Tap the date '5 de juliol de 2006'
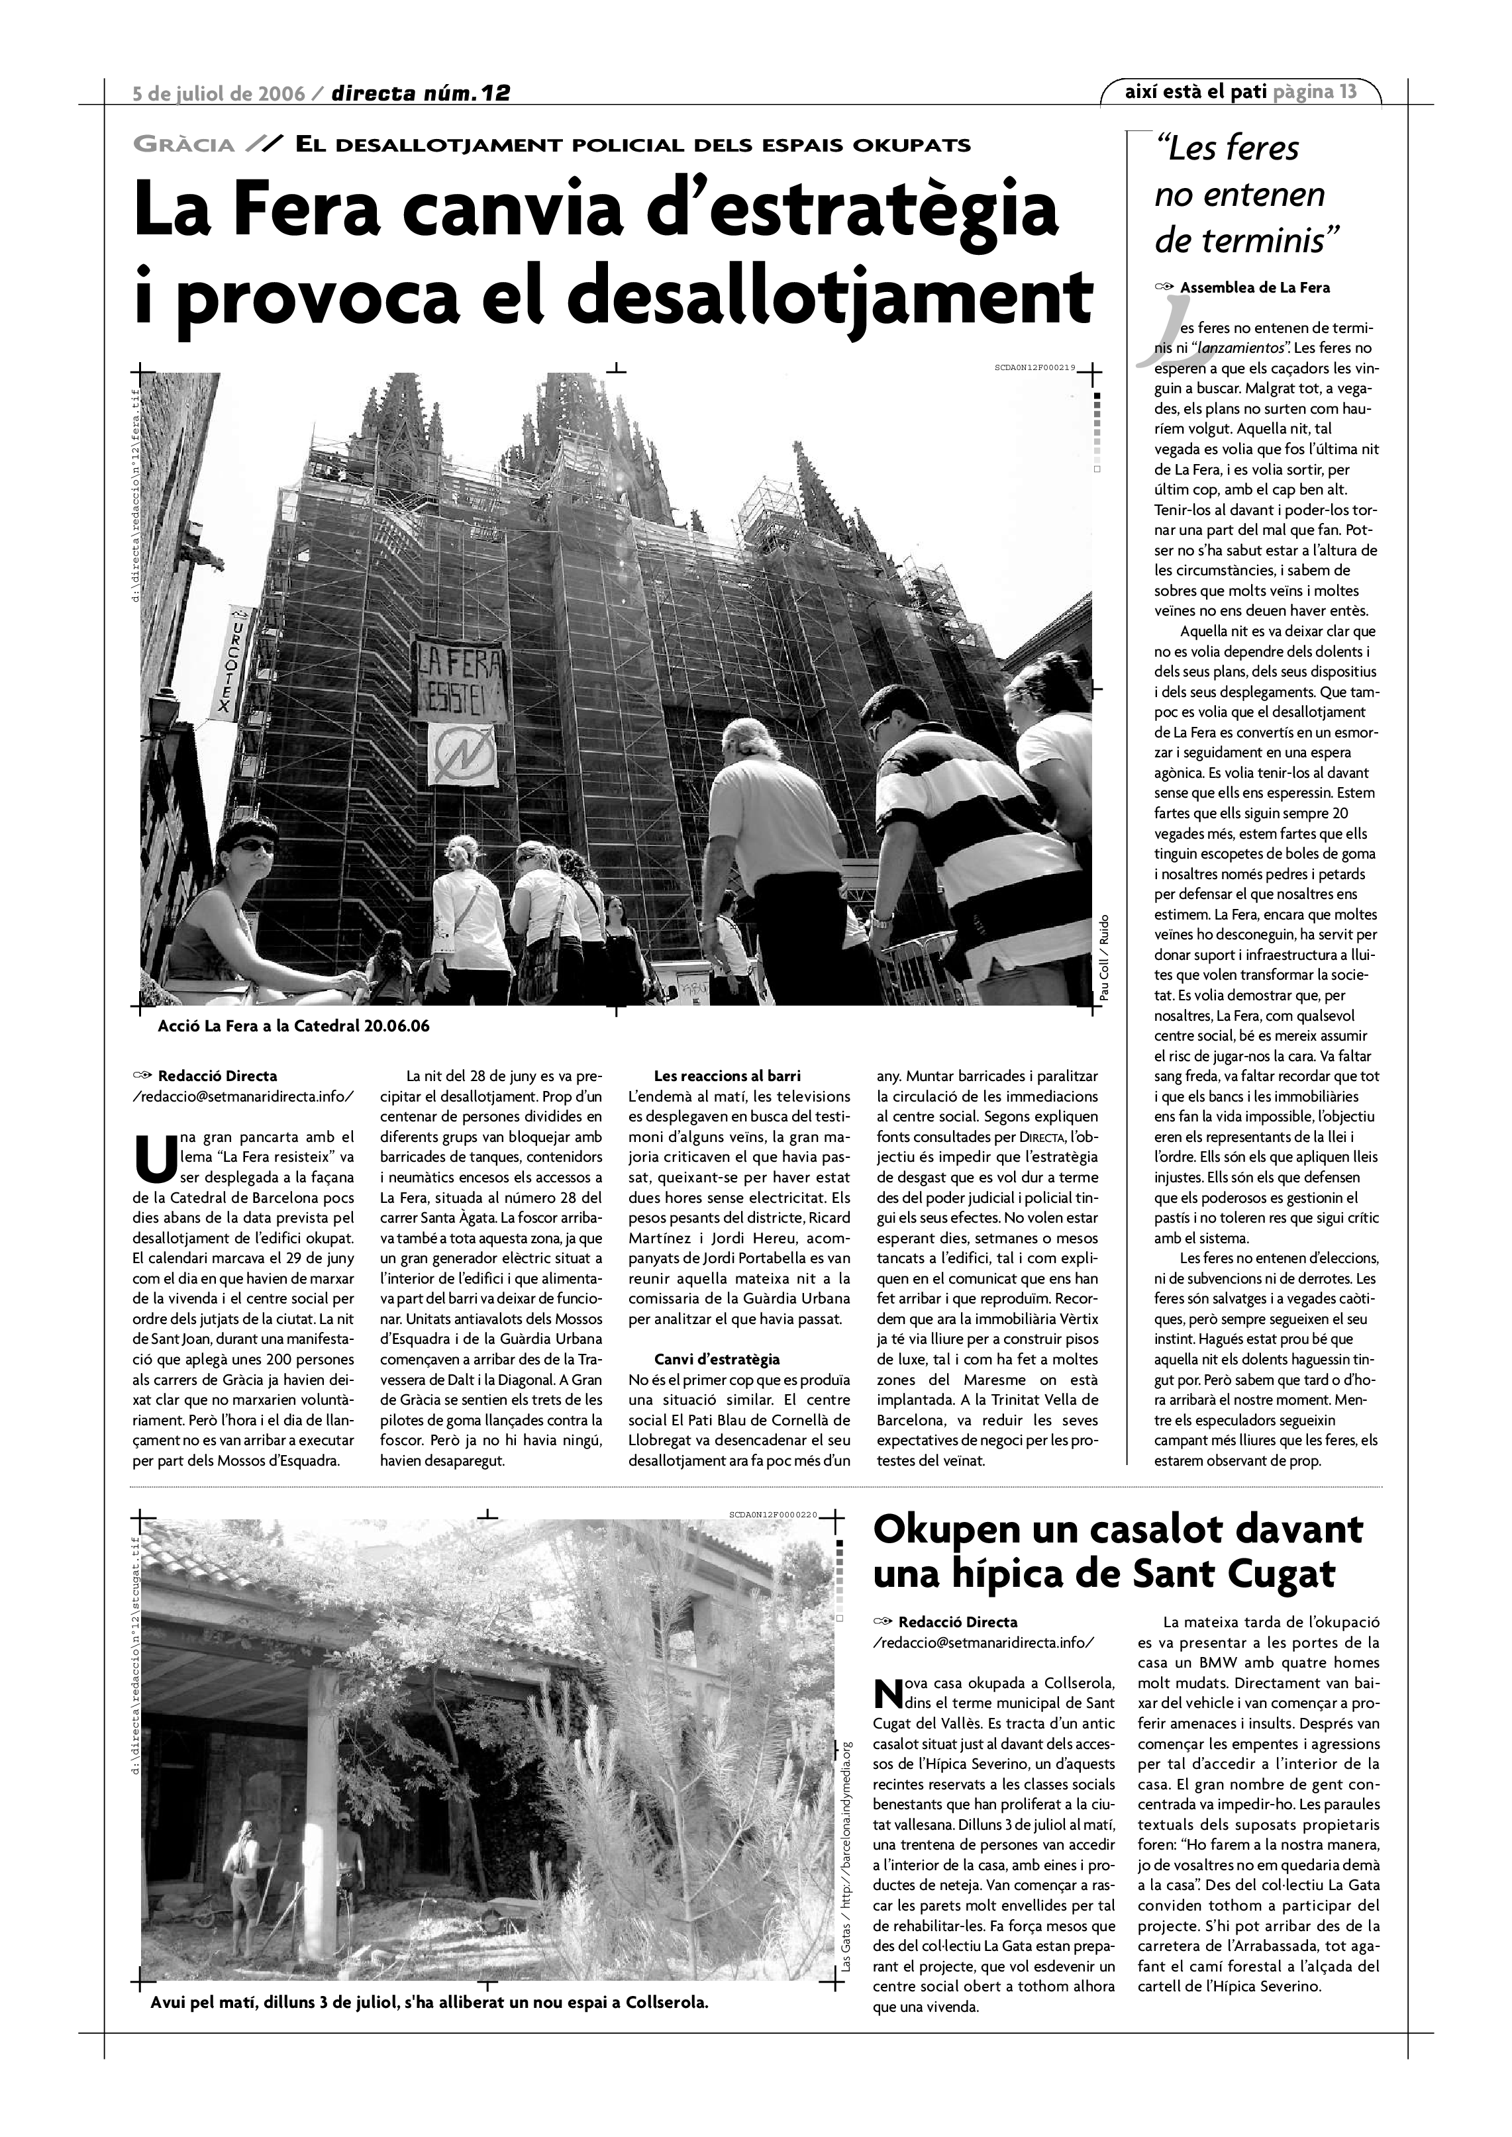219,93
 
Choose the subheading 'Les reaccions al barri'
727,1076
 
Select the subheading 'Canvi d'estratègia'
717,1360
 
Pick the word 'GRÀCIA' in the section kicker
184,145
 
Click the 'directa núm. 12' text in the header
421,93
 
